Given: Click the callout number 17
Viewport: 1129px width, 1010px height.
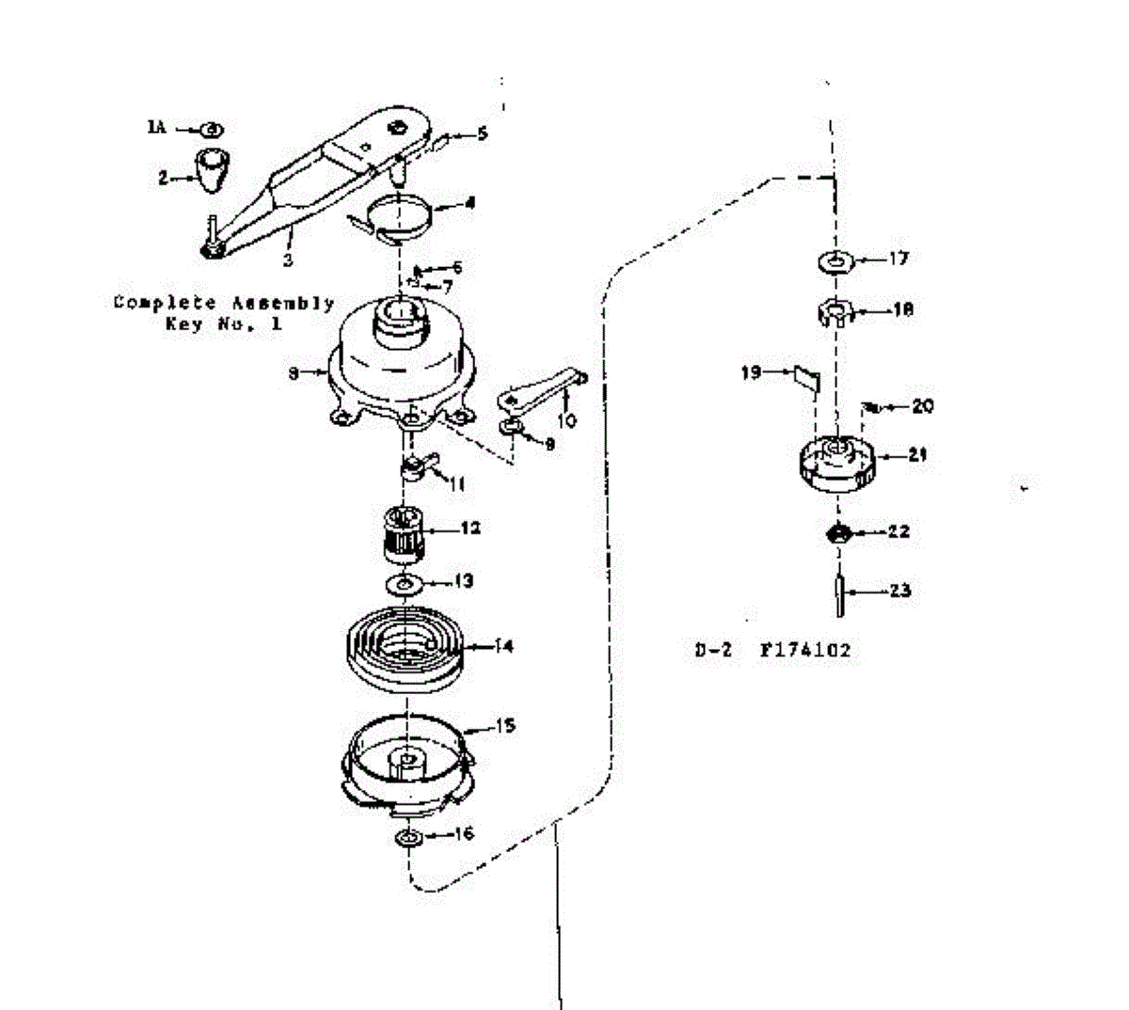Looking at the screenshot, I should point(898,258).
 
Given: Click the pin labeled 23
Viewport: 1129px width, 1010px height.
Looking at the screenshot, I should point(837,592).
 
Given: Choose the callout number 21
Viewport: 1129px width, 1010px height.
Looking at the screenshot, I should point(917,454).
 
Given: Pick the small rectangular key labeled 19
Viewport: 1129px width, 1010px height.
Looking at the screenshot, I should point(805,377).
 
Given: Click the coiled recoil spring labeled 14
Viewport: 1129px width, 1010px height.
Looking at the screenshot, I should point(405,650).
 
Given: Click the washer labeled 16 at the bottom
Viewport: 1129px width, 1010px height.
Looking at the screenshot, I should point(407,836).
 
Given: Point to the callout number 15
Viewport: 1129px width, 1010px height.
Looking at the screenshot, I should point(505,726).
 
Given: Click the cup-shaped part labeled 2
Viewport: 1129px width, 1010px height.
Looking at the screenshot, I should point(213,168).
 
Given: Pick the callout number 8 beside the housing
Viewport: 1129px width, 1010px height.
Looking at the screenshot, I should point(294,373).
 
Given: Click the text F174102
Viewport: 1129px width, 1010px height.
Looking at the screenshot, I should point(805,650).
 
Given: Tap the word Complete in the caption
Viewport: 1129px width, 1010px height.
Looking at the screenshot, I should point(154,303).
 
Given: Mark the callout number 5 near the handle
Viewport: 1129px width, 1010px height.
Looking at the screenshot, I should point(482,134).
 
